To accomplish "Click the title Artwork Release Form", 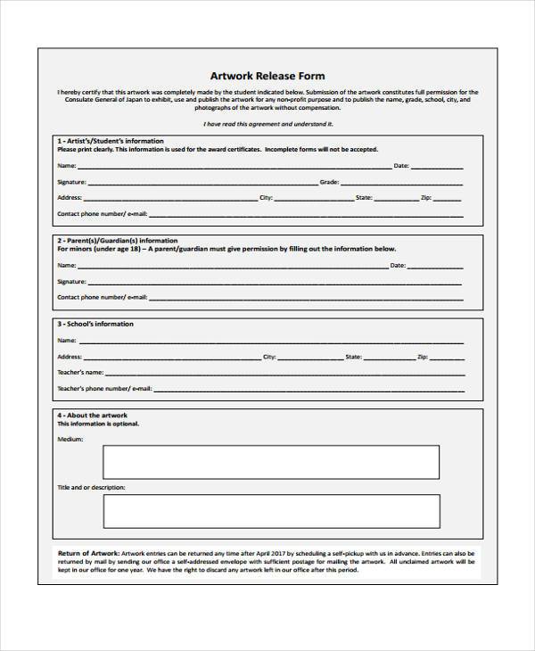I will (x=267, y=76).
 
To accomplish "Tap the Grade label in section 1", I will (x=329, y=181).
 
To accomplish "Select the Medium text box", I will (x=271, y=462).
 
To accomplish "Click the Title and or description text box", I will (x=271, y=511).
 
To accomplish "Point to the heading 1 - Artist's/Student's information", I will (x=111, y=141).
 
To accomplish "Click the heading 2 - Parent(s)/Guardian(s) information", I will (x=117, y=241).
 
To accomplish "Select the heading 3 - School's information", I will (x=95, y=324).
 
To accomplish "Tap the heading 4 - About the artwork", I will (x=93, y=416).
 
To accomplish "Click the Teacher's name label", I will (x=80, y=372).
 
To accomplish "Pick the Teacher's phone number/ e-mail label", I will (x=104, y=389).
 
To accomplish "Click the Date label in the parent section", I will (x=398, y=265).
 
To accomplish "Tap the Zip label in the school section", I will (x=423, y=356).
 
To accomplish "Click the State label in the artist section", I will (x=364, y=197).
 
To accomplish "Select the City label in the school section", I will (x=269, y=356).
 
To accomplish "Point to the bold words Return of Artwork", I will (x=87, y=553).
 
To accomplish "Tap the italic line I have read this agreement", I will (x=267, y=124).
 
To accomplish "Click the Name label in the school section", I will (x=67, y=340).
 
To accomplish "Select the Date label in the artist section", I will (x=401, y=166).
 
